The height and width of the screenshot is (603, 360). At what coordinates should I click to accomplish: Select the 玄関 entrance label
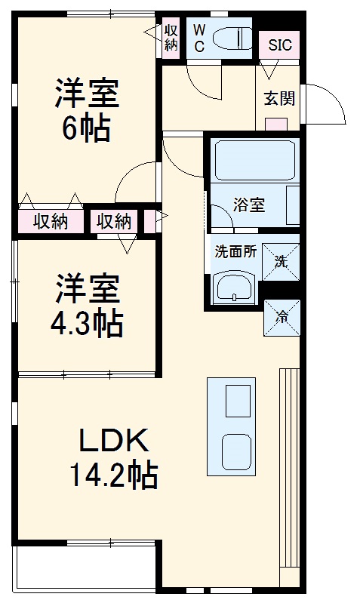pyautogui.click(x=278, y=98)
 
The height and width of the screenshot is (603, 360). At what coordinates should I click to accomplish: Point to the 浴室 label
pyautogui.click(x=248, y=205)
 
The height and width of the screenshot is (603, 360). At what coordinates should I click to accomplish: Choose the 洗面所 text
pyautogui.click(x=235, y=252)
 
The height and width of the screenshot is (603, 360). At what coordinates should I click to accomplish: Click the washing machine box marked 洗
pyautogui.click(x=281, y=261)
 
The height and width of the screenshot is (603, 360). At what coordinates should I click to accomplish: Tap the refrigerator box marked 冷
pyautogui.click(x=281, y=317)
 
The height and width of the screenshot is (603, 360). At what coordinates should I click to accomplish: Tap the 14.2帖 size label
pyautogui.click(x=113, y=475)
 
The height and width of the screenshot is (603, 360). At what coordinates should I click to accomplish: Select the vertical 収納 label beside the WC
pyautogui.click(x=171, y=36)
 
